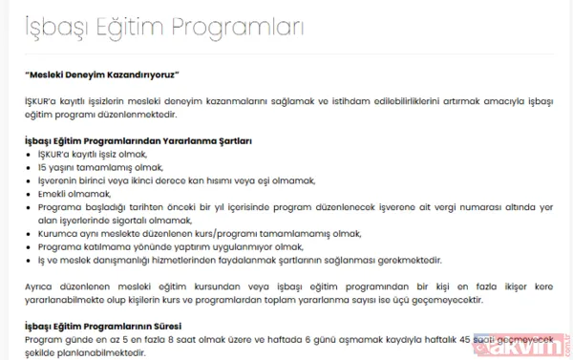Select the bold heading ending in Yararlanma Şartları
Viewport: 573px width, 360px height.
pyautogui.click(x=138, y=141)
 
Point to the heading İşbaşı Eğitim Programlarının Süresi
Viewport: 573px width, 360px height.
pyautogui.click(x=116, y=326)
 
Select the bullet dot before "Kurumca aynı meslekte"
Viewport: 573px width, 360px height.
pyautogui.click(x=30, y=232)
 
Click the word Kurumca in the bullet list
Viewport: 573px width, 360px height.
pyautogui.click(x=54, y=232)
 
